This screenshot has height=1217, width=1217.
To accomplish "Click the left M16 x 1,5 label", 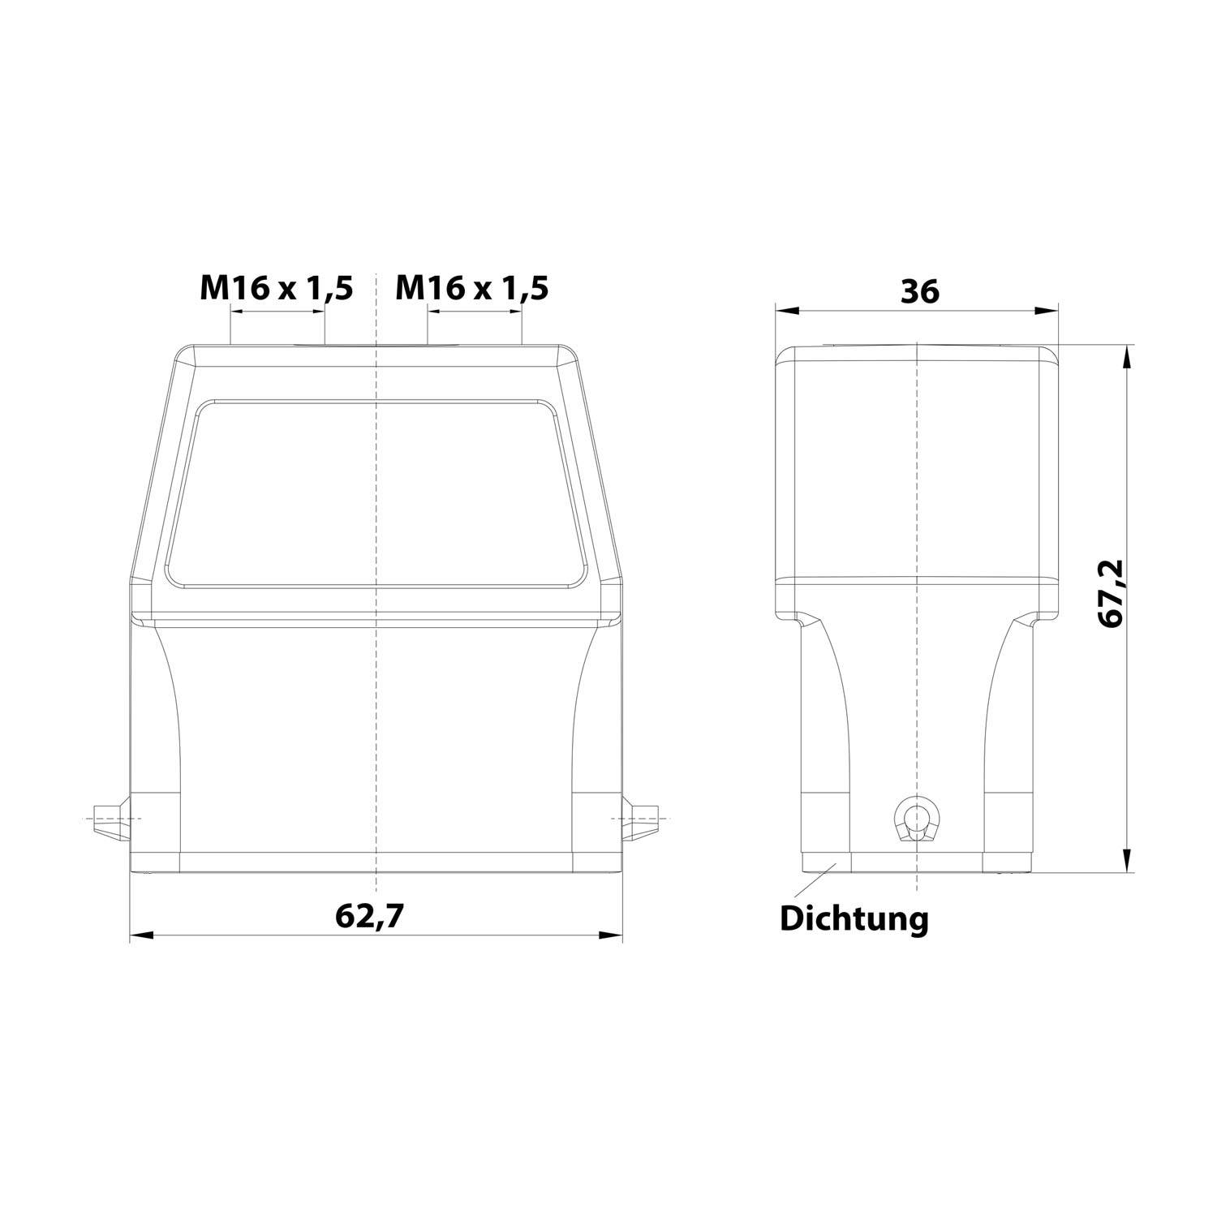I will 277,288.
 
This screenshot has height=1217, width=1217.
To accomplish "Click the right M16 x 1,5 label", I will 471,288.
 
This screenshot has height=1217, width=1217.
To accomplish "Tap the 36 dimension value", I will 920,291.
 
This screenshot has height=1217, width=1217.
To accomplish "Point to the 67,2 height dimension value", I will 1109,592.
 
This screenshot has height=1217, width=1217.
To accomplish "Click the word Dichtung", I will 854,919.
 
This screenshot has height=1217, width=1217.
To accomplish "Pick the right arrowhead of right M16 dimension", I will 513,311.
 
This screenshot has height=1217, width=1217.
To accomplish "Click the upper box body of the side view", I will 917,462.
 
